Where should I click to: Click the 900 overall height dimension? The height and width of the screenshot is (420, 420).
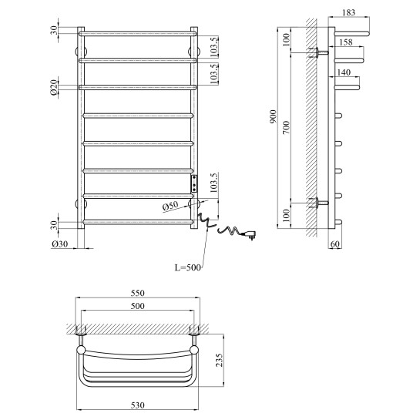click(273, 116)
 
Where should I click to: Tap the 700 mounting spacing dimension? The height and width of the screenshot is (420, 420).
click(287, 127)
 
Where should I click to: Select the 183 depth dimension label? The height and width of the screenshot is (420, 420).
click(348, 12)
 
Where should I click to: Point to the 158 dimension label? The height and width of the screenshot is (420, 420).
click(346, 42)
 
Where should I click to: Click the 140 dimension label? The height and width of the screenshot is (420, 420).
click(344, 72)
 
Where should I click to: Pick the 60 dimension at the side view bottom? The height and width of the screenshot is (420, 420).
click(335, 244)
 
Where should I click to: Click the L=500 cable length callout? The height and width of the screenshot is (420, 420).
click(187, 267)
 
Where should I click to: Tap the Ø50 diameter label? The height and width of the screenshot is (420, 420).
click(170, 206)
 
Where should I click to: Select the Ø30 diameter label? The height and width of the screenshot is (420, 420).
click(60, 244)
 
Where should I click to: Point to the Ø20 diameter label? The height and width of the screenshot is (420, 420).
click(54, 87)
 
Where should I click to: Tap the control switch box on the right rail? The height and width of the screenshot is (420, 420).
click(194, 183)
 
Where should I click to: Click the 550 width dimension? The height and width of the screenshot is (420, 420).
click(138, 293)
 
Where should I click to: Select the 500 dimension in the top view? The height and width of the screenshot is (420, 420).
click(138, 306)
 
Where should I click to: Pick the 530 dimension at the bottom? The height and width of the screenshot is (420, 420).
click(138, 405)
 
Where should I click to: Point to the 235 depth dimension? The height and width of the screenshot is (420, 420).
click(219, 360)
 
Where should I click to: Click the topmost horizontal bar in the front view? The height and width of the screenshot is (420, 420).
click(138, 34)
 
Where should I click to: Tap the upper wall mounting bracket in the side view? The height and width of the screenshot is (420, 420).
click(318, 52)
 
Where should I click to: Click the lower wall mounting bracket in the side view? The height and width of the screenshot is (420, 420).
click(318, 203)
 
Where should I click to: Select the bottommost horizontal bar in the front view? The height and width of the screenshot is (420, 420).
click(138, 222)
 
